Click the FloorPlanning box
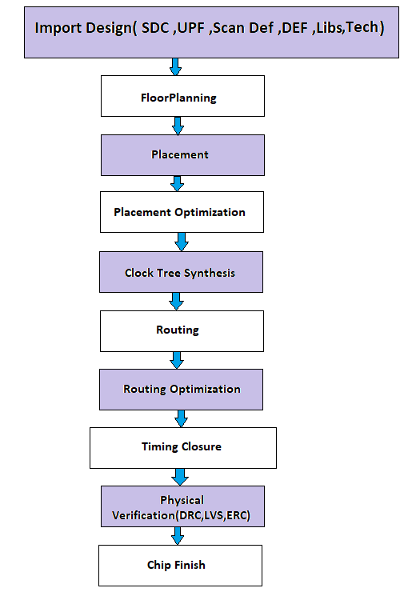coord(182,97)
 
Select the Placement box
coord(182,154)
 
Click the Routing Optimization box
coord(182,389)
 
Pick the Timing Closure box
coord(182,447)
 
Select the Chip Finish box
coord(180,565)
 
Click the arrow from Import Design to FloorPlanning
coord(175,66)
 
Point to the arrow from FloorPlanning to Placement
coord(178,126)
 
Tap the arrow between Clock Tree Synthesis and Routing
coord(176,302)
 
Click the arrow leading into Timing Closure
coord(182,418)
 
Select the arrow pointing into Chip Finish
coord(177,536)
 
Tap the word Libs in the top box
coord(330,28)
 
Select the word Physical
coord(182,500)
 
